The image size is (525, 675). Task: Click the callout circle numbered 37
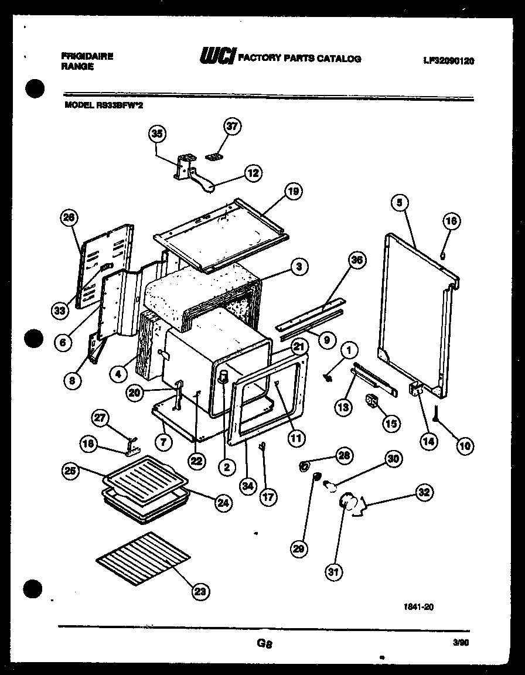pyautogui.click(x=233, y=127)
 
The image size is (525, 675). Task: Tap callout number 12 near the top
pyautogui.click(x=253, y=173)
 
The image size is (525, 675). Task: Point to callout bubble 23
pyautogui.click(x=201, y=592)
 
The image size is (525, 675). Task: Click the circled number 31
pyautogui.click(x=333, y=572)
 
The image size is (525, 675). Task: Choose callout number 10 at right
pyautogui.click(x=465, y=445)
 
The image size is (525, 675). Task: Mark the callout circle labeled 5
pyautogui.click(x=399, y=203)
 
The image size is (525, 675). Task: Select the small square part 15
pyautogui.click(x=371, y=401)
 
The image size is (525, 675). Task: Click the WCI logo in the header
pyautogui.click(x=217, y=56)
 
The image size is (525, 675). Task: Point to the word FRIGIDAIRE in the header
pyautogui.click(x=87, y=56)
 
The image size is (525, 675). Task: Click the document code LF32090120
pyautogui.click(x=448, y=60)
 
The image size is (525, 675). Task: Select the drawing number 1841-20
pyautogui.click(x=419, y=608)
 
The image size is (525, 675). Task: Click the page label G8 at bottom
pyautogui.click(x=265, y=644)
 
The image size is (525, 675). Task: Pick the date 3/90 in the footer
pyautogui.click(x=461, y=642)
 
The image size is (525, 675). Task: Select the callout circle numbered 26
pyautogui.click(x=69, y=217)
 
